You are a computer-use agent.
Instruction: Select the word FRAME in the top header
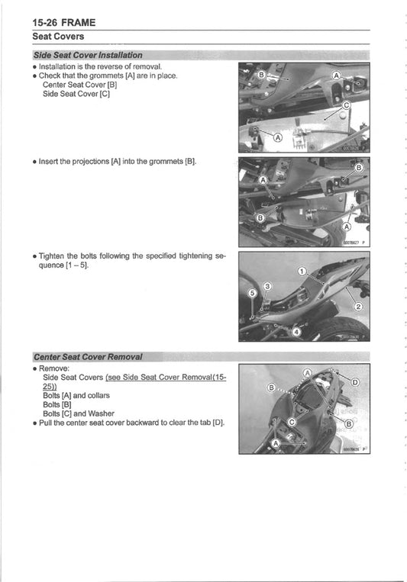(x=86, y=22)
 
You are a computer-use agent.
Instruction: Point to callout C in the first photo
(x=346, y=105)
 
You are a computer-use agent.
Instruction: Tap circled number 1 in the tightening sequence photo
(x=301, y=272)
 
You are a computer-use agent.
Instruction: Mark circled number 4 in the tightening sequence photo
(x=297, y=332)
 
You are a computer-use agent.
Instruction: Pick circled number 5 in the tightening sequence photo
(x=252, y=292)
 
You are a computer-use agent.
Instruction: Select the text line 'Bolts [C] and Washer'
(x=78, y=413)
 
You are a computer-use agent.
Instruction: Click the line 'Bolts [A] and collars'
(x=76, y=395)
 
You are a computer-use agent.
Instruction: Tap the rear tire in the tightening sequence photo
(x=343, y=330)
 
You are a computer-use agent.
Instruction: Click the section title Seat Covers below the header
(x=58, y=36)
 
